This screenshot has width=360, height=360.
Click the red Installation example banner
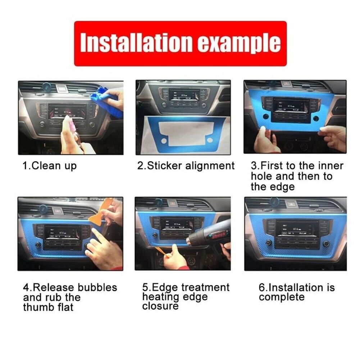point(180,44)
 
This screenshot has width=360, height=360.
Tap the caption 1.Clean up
point(50,166)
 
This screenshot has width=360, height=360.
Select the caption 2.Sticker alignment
point(186,166)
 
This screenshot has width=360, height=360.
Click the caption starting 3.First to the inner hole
point(297,176)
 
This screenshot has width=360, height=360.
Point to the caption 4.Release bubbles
point(70,297)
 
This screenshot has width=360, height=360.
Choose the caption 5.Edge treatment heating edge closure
point(186,297)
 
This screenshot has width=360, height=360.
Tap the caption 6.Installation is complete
point(296,292)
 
